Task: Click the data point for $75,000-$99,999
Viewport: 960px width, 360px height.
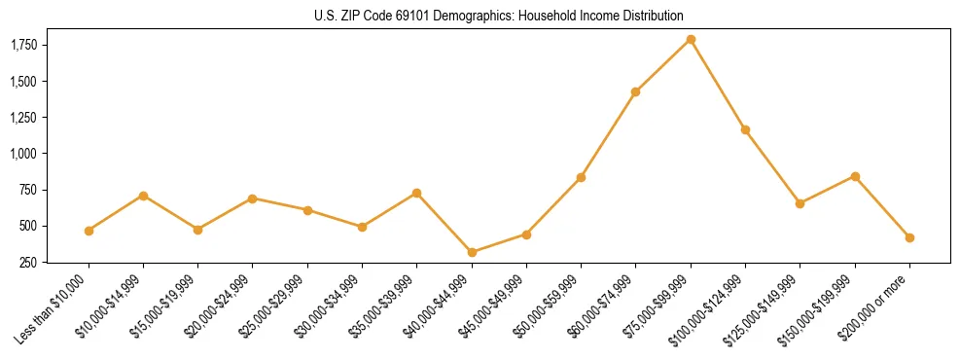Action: tap(691, 39)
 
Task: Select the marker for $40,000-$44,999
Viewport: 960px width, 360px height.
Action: tap(472, 252)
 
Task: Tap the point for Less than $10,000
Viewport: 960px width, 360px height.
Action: tap(89, 231)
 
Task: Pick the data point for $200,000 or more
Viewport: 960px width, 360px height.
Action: tap(909, 237)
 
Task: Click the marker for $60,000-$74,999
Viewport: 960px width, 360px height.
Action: tap(635, 91)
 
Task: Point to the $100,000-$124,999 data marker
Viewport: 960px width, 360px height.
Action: tap(745, 129)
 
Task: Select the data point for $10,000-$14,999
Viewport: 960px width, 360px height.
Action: tap(143, 196)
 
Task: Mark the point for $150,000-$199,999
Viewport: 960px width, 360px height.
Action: tap(855, 176)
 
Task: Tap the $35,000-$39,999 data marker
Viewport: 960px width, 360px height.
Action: tap(416, 193)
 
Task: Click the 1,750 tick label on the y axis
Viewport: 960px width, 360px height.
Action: tap(23, 45)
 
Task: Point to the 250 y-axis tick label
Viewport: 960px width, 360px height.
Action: tap(29, 262)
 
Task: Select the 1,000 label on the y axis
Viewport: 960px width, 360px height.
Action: tap(23, 154)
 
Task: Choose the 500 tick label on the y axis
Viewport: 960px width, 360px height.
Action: tap(29, 226)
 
